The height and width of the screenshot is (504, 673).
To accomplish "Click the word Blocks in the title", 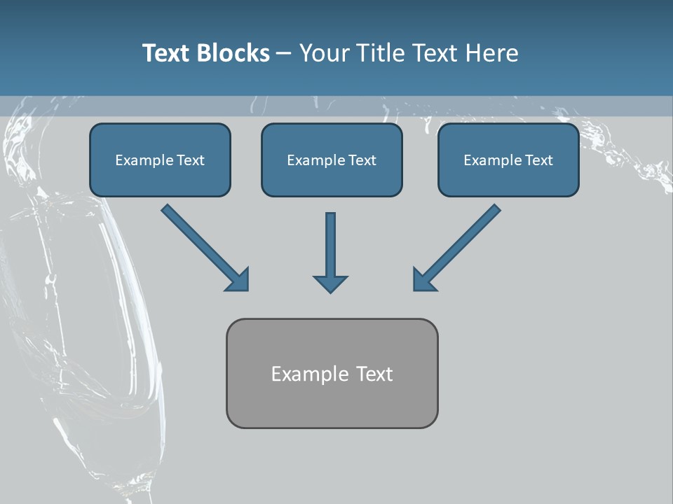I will click(232, 53).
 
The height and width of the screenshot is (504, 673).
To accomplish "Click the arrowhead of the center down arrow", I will click(331, 283).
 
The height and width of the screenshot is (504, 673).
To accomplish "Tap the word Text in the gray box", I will click(375, 374).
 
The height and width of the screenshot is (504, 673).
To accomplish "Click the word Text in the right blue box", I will click(539, 160).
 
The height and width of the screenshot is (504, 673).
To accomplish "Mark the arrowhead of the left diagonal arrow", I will click(238, 280).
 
